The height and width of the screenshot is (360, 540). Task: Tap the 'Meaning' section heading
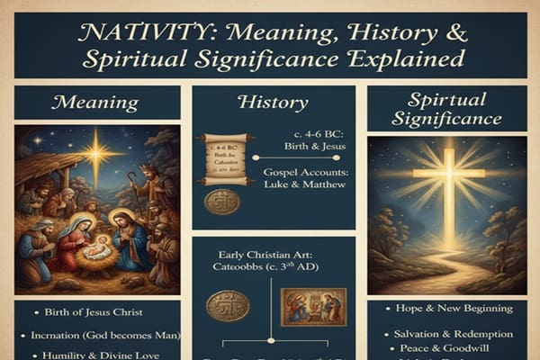coord(97,102)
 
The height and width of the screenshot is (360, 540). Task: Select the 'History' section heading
coord(272,102)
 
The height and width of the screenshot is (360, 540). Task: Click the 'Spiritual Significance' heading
coord(447,108)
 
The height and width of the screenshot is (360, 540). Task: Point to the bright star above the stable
coord(95,153)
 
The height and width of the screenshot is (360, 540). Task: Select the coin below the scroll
coord(221,201)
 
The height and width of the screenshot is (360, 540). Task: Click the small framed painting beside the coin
coord(312,306)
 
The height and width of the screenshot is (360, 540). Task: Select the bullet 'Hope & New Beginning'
coord(447,308)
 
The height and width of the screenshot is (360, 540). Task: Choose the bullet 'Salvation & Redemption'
coord(447,334)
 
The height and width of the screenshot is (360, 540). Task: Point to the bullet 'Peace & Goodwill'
coord(447,348)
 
